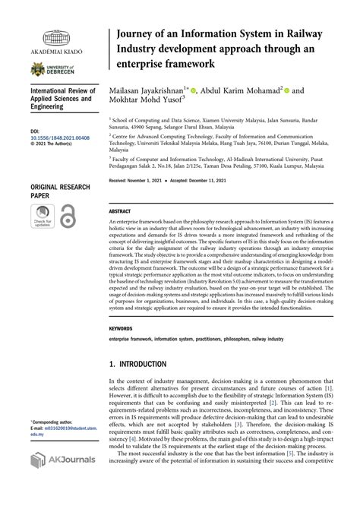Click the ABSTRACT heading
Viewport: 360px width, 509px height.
tap(120, 210)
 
